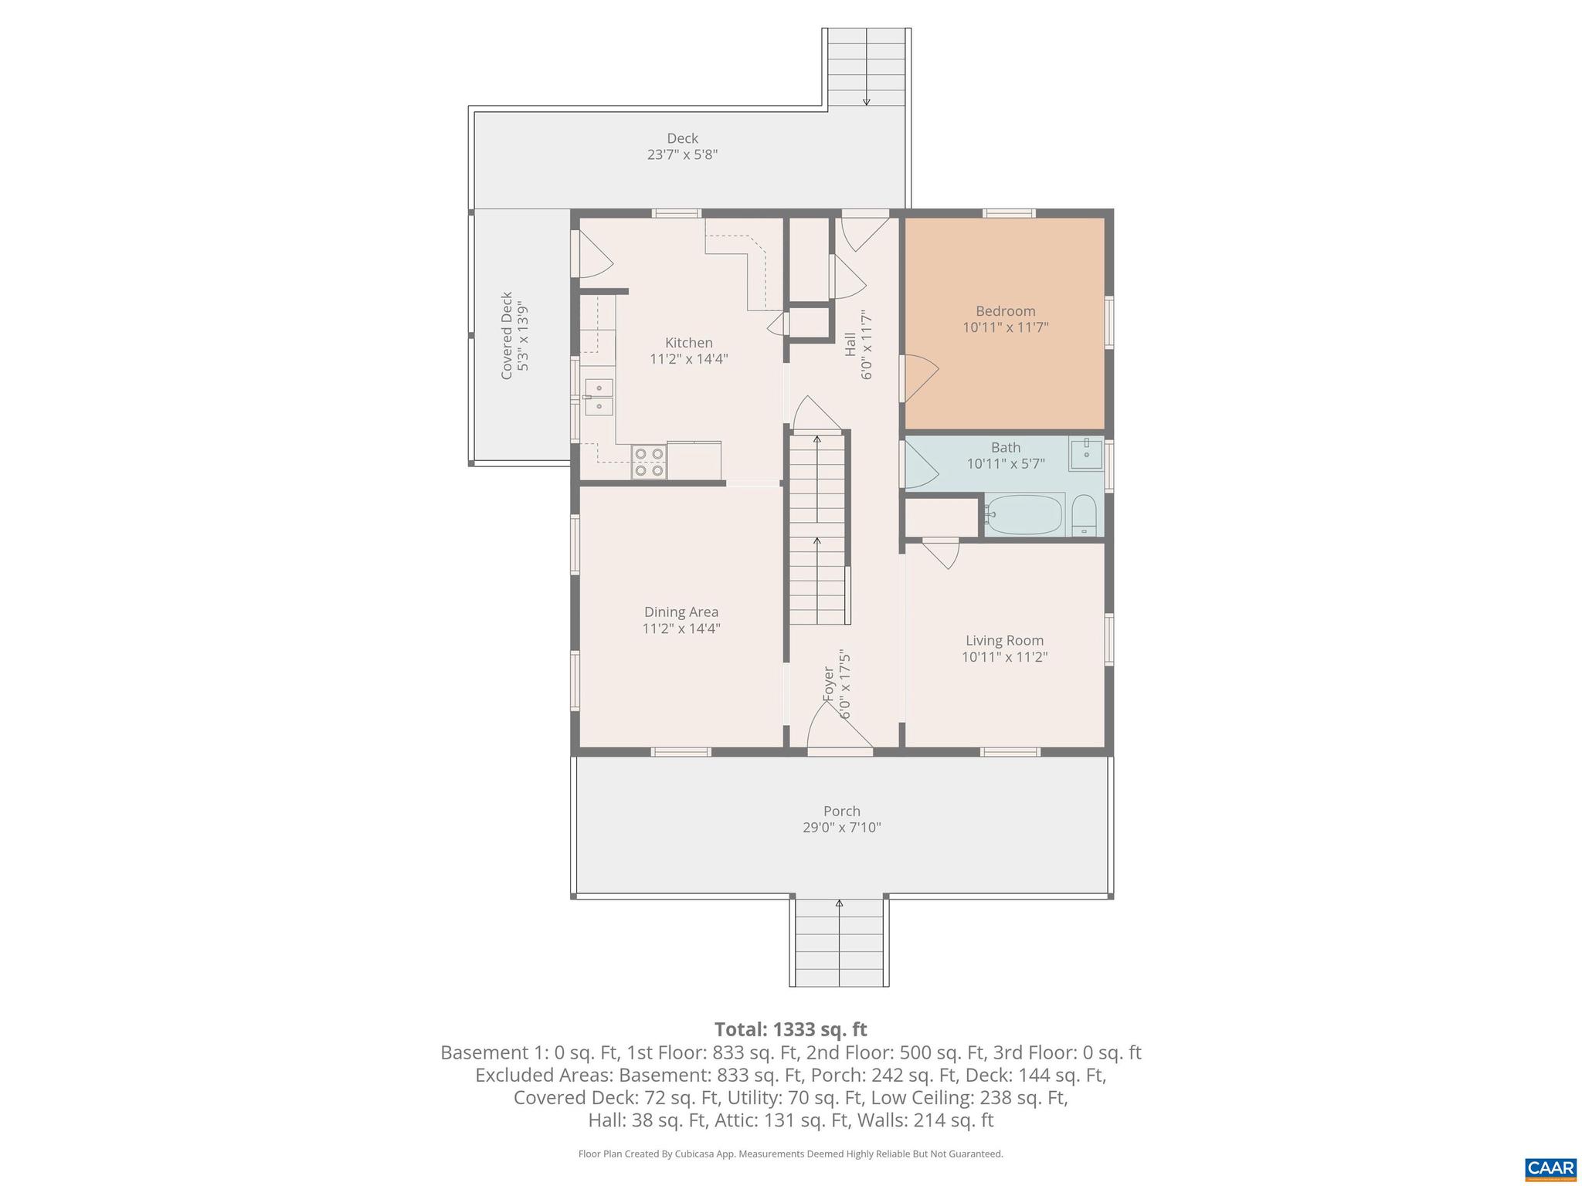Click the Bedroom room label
pos(1005,311)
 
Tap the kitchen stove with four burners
pos(649,462)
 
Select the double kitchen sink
pos(599,397)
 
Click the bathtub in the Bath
pos(1024,515)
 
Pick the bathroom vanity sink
pos(1086,453)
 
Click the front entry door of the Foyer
pos(839,730)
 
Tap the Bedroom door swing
pos(919,377)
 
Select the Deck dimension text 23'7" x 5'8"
pos(682,154)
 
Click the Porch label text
pos(841,811)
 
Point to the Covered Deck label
pos(507,335)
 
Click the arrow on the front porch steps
pos(839,903)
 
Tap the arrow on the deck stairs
pos(867,100)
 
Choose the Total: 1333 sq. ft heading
pos(790,1029)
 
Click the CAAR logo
pos(1550,1168)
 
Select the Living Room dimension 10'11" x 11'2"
pos(1004,657)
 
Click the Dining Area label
pos(681,612)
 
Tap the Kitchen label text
pos(688,343)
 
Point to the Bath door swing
pos(919,464)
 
